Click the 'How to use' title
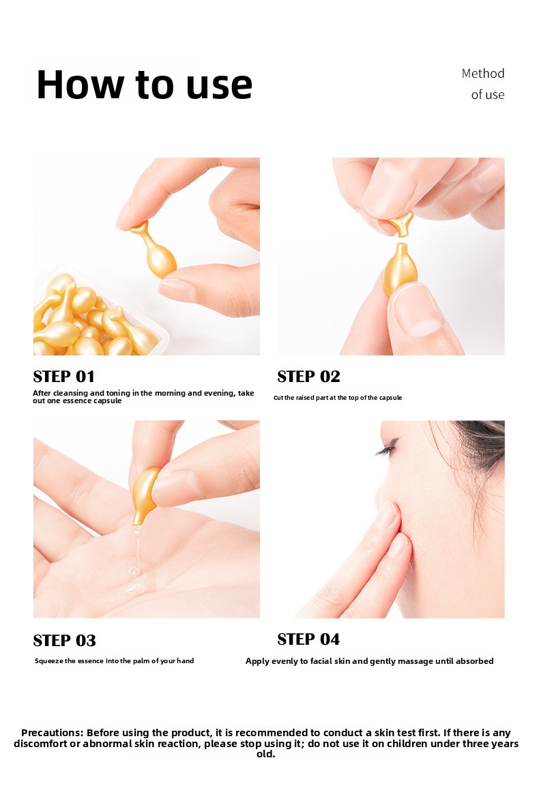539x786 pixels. tap(145, 84)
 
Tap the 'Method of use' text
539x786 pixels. tap(483, 84)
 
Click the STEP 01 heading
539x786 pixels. tap(63, 377)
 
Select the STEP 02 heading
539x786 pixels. tap(308, 377)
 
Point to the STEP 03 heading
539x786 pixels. tap(64, 640)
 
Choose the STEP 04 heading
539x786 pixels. tap(308, 639)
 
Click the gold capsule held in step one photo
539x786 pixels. tap(154, 250)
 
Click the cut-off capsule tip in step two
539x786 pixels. tap(402, 224)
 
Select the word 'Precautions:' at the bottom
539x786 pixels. tap(52, 733)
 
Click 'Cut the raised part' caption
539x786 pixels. tap(338, 398)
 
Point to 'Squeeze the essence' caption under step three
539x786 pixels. tap(115, 660)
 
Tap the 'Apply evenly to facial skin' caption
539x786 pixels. tap(370, 661)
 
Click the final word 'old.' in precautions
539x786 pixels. tap(265, 754)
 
